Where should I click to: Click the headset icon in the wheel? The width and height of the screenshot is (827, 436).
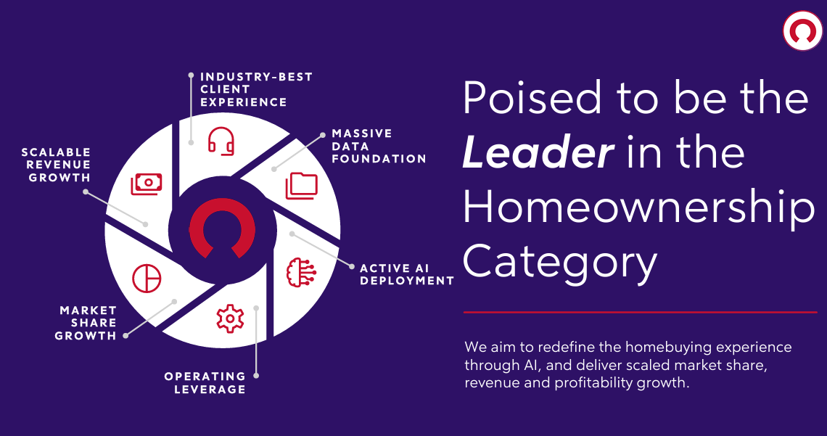[221, 141]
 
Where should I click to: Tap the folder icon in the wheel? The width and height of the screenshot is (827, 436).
[302, 186]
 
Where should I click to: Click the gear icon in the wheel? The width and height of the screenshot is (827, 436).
[230, 318]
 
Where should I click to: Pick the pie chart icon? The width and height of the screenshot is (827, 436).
[147, 278]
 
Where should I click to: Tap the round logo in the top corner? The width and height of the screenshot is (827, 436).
[803, 30]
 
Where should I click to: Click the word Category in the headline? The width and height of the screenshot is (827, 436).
[561, 261]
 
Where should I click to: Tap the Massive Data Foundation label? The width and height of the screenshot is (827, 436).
[379, 146]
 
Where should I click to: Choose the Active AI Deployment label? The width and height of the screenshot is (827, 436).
[407, 275]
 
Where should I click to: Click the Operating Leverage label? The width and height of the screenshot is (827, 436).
[205, 383]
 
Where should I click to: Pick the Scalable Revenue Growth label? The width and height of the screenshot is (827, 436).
[56, 165]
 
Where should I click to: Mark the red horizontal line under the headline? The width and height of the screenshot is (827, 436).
[641, 312]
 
